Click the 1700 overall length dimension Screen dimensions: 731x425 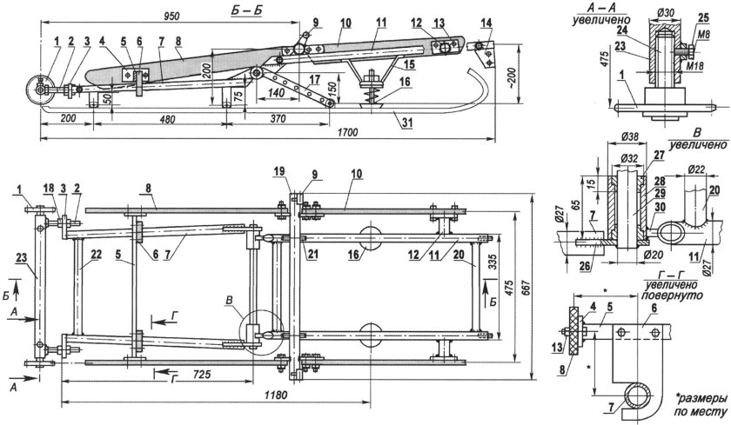click(x=347, y=133)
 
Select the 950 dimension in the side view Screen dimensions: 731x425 click(x=171, y=16)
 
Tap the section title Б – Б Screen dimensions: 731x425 click(x=245, y=10)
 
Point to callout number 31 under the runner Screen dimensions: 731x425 click(x=407, y=123)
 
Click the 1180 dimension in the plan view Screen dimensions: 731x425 click(x=276, y=395)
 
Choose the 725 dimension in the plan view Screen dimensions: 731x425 click(x=201, y=374)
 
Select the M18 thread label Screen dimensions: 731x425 click(x=694, y=68)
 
